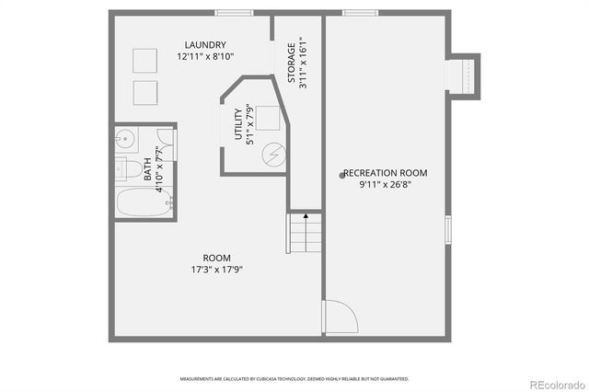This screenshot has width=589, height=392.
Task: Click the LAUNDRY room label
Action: click(x=204, y=45)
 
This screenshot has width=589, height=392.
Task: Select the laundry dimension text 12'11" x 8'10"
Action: click(x=204, y=56)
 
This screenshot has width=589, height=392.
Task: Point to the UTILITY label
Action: click(x=237, y=126)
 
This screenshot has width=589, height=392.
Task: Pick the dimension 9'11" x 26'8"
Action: click(x=385, y=184)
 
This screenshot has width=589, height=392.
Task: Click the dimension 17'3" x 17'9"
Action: click(x=216, y=270)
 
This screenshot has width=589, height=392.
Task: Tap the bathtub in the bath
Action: click(x=144, y=203)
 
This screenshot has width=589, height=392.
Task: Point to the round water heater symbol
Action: click(x=272, y=154)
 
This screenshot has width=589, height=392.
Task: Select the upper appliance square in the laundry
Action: click(x=144, y=59)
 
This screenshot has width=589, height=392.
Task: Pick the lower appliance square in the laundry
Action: click(x=144, y=93)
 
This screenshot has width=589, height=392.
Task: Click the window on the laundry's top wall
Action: click(x=235, y=12)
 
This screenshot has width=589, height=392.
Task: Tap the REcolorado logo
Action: click(x=555, y=383)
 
